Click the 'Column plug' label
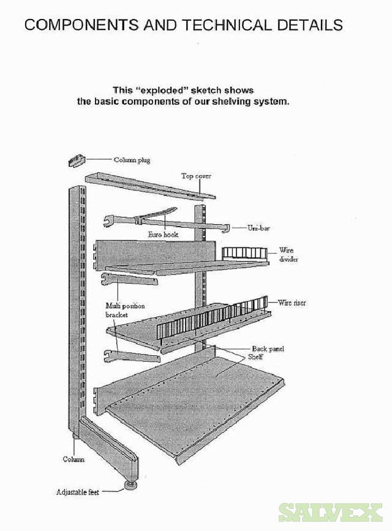[x=132, y=160]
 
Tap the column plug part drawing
[x=74, y=161]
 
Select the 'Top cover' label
[x=196, y=176]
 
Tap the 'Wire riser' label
[x=292, y=303]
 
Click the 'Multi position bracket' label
[x=126, y=309]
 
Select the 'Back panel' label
[x=268, y=348]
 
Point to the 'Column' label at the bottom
[x=73, y=459]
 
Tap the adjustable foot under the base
[x=130, y=486]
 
